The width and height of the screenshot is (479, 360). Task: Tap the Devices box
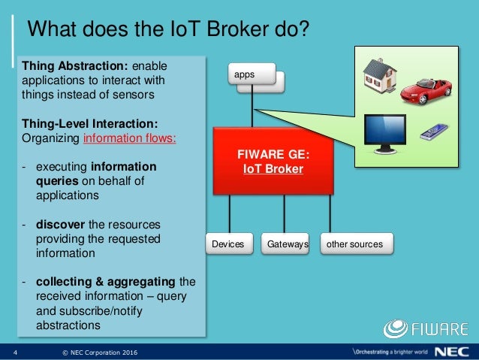pyautogui.click(x=227, y=244)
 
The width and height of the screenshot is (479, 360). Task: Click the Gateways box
pyautogui.click(x=284, y=244)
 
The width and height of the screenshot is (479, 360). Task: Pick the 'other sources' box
pyautogui.click(x=351, y=244)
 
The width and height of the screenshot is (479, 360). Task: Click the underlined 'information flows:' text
pyautogui.click(x=130, y=139)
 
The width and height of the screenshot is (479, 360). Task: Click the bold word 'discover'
pyautogui.click(x=59, y=225)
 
